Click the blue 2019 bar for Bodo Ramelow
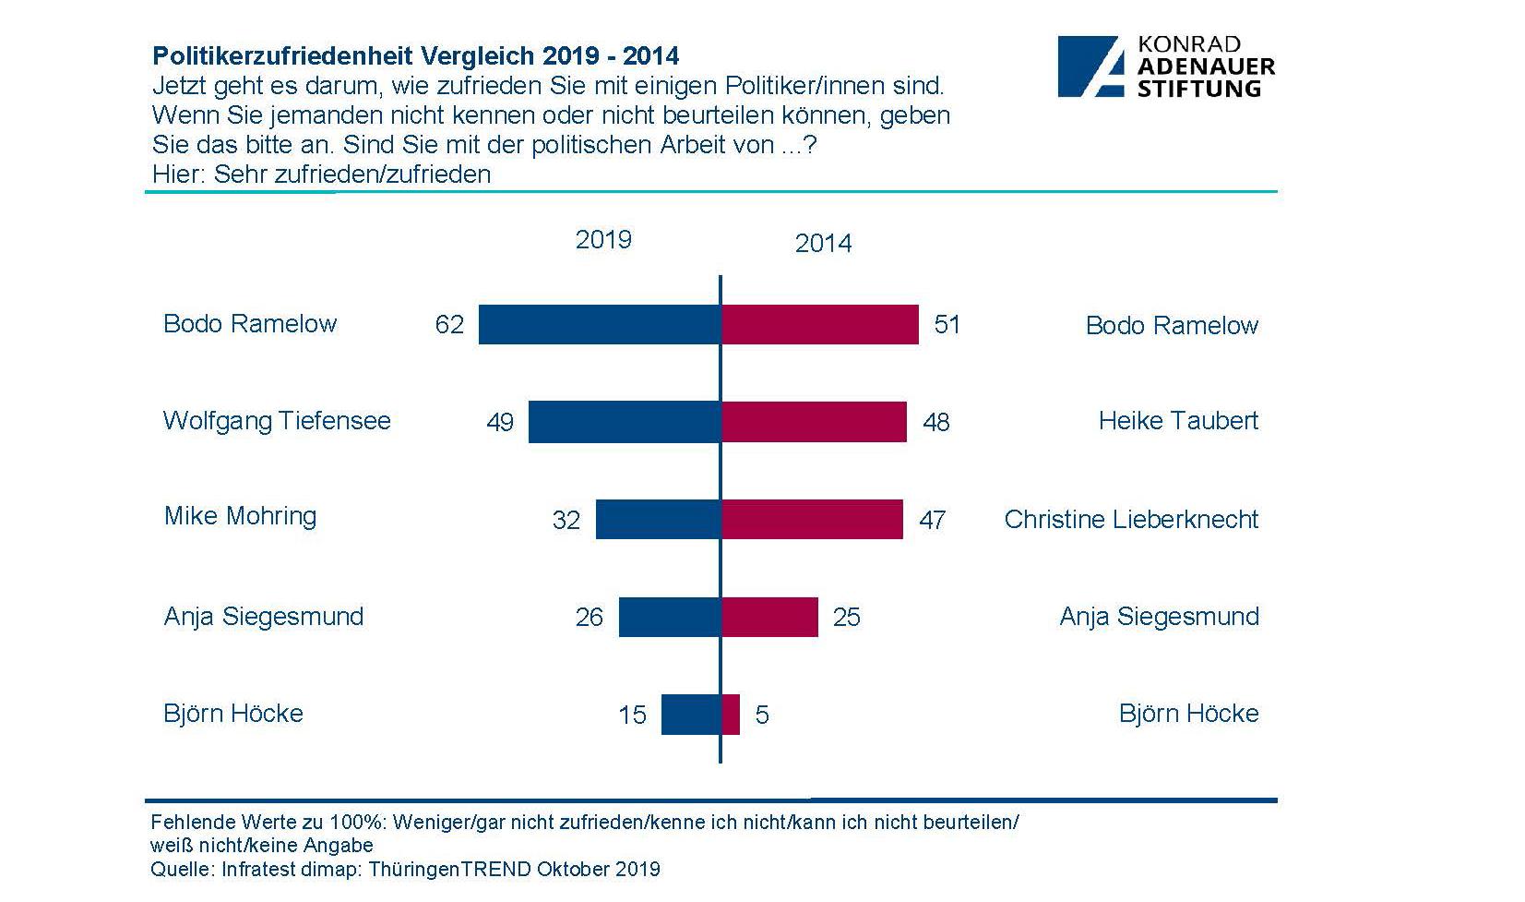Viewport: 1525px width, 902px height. [599, 324]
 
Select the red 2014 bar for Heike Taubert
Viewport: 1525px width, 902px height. [814, 422]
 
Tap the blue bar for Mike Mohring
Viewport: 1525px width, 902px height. [658, 519]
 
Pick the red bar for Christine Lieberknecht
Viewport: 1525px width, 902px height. [812, 519]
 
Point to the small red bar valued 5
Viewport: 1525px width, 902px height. [731, 715]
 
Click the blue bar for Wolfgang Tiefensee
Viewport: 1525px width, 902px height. [624, 422]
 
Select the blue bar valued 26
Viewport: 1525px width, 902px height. [669, 617]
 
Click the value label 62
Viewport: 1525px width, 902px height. [449, 325]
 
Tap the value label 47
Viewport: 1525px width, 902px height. [932, 520]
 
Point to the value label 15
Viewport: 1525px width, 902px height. [632, 716]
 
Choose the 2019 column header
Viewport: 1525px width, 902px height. [603, 240]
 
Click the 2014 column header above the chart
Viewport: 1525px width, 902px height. [823, 244]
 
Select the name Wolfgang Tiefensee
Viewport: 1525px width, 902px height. [277, 421]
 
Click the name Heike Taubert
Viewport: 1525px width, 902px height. [1178, 421]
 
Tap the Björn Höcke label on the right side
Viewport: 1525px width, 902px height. [1188, 714]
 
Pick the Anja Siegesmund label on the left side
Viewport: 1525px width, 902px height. [264, 617]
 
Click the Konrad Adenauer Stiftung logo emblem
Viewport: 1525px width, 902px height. [1091, 67]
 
